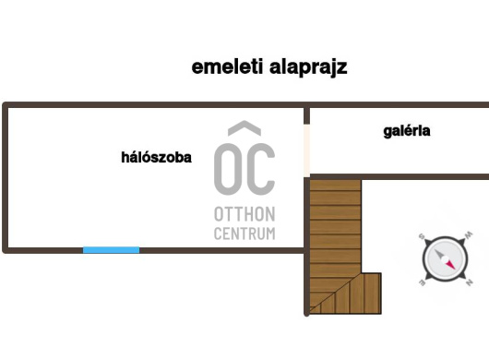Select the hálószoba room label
pyautogui.click(x=156, y=158)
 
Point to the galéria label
pyautogui.click(x=407, y=131)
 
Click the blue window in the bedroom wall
pyautogui.click(x=112, y=249)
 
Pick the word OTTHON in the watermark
pyautogui.click(x=244, y=214)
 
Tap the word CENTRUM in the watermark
pyautogui.click(x=244, y=234)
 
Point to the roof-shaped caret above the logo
pyautogui.click(x=244, y=130)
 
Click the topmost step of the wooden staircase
pyautogui.click(x=334, y=186)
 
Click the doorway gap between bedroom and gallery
pyautogui.click(x=307, y=144)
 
